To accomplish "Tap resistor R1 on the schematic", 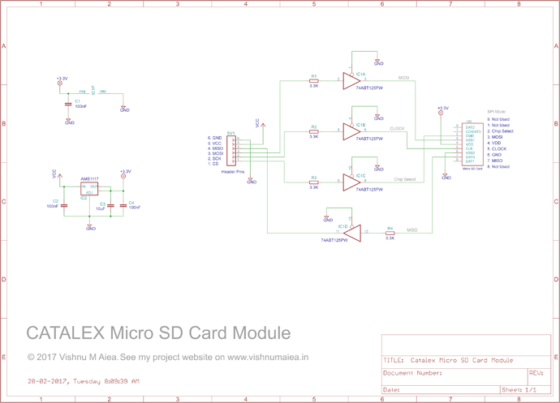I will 314,80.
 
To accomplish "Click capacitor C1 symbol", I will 67,103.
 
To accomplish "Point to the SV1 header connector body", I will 231,150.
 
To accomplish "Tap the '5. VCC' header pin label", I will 214,144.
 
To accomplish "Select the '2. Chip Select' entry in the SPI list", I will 500,131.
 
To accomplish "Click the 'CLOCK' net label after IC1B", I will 397,129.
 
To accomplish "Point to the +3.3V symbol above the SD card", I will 442,108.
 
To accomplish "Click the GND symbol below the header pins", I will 252,181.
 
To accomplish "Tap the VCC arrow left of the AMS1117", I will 54,173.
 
